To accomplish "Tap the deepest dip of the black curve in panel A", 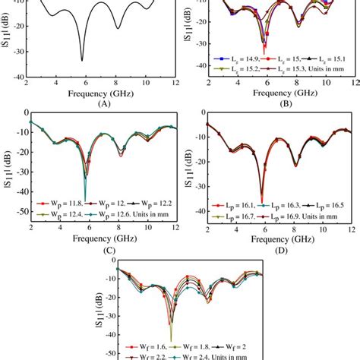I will (82, 60).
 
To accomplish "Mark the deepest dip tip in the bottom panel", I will (170, 341).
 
